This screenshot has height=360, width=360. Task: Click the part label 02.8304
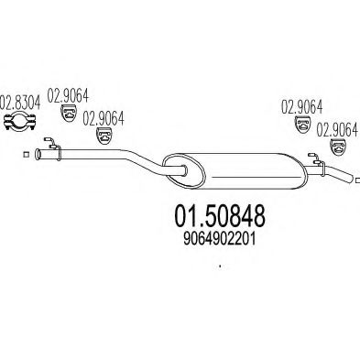tap(20, 103)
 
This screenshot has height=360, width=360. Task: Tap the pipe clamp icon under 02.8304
tap(20, 121)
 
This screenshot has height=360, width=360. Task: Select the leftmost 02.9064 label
tap(68, 95)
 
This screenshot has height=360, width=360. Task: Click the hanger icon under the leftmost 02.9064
tap(69, 113)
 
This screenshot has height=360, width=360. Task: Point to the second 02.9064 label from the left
tap(104, 118)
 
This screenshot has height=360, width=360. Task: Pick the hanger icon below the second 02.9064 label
tap(104, 136)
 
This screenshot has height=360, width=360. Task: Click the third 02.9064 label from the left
tap(301, 107)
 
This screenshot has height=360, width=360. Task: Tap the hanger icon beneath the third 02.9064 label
tap(303, 125)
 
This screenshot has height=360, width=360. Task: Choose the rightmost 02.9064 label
tap(337, 129)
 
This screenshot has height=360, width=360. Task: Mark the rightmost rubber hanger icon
tap(338, 147)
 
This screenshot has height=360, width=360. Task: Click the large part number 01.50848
tap(219, 216)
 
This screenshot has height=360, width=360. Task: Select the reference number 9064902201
tap(219, 239)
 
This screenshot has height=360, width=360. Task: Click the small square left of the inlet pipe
tap(27, 155)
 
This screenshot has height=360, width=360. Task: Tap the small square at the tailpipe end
tap(358, 180)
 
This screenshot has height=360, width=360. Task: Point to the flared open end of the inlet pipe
tap(38, 154)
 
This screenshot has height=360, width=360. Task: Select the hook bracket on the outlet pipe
tap(317, 163)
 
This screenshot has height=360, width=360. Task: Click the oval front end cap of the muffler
tap(183, 170)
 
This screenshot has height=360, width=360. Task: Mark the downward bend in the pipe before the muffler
tap(144, 159)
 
